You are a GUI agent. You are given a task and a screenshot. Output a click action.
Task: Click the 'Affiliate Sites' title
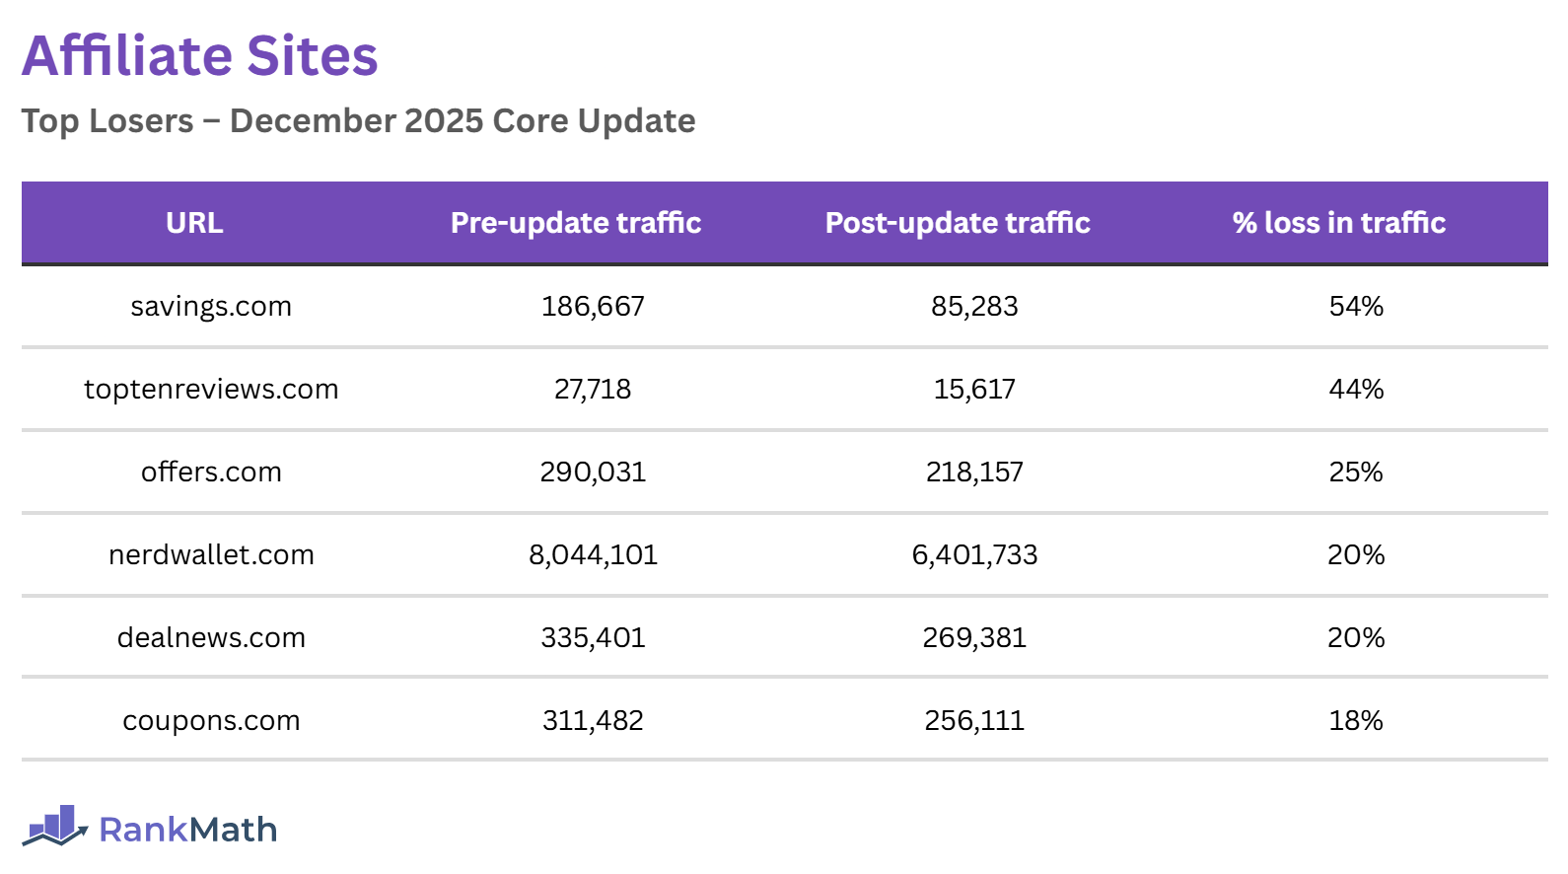pos(200,56)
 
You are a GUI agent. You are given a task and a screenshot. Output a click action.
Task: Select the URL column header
pos(194,223)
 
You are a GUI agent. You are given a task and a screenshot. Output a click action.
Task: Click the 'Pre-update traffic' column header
pos(576,223)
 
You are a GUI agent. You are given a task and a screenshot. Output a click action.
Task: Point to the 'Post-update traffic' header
pos(958,223)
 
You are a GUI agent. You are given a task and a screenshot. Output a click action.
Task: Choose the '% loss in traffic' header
pos(1338,223)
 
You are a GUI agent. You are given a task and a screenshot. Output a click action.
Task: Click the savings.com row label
pos(211,307)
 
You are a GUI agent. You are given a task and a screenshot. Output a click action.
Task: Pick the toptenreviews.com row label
pos(211,390)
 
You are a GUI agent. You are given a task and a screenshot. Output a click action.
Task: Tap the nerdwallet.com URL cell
pos(211,555)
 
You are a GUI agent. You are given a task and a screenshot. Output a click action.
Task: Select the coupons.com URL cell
pos(211,721)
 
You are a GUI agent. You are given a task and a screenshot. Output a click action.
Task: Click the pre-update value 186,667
pos(593,307)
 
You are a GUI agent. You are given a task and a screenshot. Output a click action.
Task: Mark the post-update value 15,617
pos(974,390)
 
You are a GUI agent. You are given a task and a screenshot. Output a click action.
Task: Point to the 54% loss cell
pos(1356,307)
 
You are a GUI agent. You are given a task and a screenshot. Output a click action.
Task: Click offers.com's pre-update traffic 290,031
pos(593,473)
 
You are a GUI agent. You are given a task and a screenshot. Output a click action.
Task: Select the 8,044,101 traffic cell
pos(593,555)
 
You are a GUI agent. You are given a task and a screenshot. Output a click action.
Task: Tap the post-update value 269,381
pos(974,638)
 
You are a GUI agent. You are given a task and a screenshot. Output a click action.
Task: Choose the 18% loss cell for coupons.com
pos(1356,721)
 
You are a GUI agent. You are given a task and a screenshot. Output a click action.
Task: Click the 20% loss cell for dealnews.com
pos(1356,638)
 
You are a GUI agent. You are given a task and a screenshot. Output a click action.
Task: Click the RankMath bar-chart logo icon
pos(55,827)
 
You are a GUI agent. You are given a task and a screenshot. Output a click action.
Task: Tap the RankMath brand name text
pos(188,831)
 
